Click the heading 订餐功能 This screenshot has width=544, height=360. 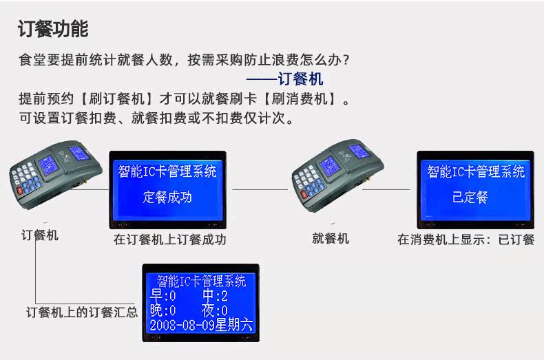pyautogui.click(x=53, y=28)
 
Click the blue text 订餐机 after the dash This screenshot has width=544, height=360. pyautogui.click(x=300, y=78)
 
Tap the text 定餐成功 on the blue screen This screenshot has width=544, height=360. pyautogui.click(x=167, y=197)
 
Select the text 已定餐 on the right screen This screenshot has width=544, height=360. pyautogui.click(x=470, y=197)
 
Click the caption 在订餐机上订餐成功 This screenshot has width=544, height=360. pyautogui.click(x=169, y=240)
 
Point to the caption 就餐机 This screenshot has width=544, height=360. pyautogui.click(x=331, y=238)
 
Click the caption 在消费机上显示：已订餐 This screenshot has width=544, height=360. pyautogui.click(x=466, y=240)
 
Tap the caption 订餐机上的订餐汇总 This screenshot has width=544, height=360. pyautogui.click(x=82, y=312)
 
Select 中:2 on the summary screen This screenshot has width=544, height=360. pyautogui.click(x=215, y=295)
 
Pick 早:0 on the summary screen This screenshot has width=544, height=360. pyautogui.click(x=163, y=295)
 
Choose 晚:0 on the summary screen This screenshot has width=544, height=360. pyautogui.click(x=163, y=310)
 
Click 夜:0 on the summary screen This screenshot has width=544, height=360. pyautogui.click(x=215, y=310)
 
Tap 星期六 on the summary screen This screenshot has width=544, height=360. pyautogui.click(x=233, y=326)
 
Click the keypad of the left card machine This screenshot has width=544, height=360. pyautogui.click(x=27, y=178)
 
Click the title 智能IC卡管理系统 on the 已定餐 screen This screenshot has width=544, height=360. pyautogui.click(x=476, y=171)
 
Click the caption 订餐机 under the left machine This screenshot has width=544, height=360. pyautogui.click(x=40, y=235)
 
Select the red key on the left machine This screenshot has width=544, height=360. pyautogui.click(x=20, y=191)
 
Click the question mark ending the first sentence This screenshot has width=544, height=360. pyautogui.click(x=345, y=60)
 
